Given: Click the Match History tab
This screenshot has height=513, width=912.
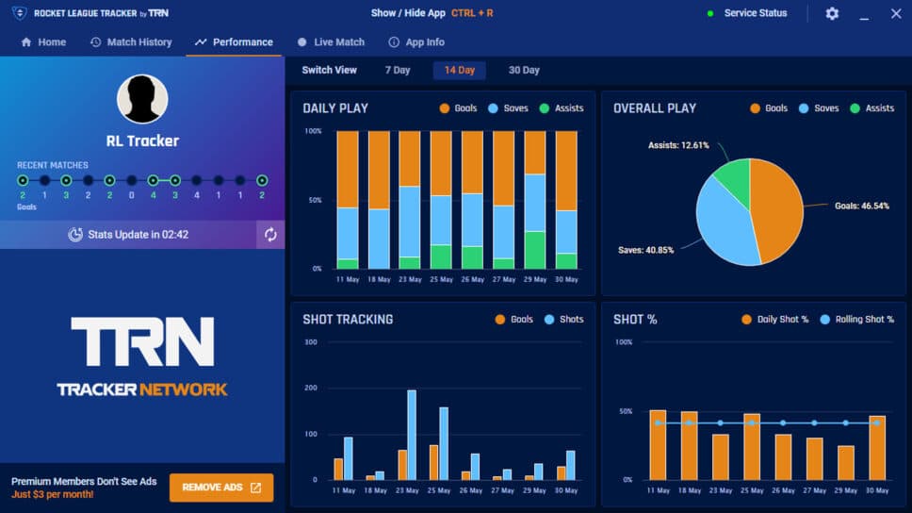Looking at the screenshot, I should coord(131,42).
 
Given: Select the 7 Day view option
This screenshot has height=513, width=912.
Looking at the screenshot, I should coord(398,71).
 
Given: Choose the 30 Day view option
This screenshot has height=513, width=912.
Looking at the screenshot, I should coord(524,71).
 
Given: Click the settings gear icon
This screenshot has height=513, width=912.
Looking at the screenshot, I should coord(832,14).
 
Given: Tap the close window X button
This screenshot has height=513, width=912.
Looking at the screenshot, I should coord(896,14).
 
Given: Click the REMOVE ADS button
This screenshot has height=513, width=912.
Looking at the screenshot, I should coord(221,488).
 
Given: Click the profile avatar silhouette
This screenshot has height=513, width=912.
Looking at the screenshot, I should coord(142,99).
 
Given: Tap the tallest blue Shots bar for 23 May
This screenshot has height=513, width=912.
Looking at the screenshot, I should coord(412,434).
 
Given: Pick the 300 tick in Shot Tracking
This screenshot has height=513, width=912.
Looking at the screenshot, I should coord(310,341).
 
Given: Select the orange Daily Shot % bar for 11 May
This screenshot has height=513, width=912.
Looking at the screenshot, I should coord(658,445).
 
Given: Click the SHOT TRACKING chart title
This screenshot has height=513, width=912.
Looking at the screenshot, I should coord(348,320).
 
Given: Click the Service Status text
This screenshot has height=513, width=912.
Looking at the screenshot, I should coord(755,14).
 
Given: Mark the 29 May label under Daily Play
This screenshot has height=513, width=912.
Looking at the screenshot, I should coord(534,280).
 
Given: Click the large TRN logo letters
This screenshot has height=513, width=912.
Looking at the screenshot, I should coord(142,341).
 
